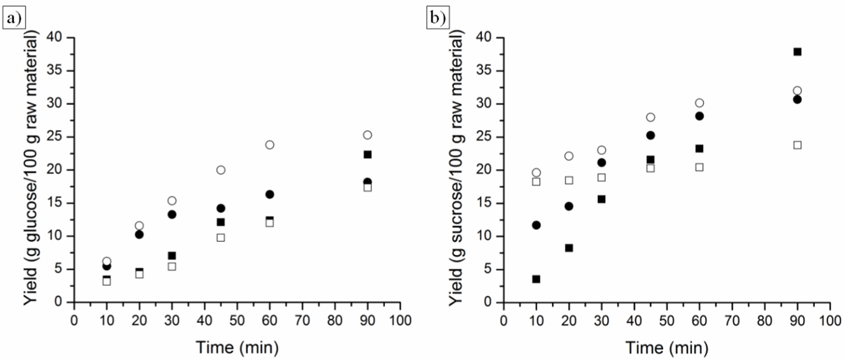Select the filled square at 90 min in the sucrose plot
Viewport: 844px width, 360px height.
click(x=797, y=52)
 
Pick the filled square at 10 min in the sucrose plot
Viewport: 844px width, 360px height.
click(x=536, y=279)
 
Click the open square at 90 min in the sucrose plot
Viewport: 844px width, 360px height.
click(x=797, y=145)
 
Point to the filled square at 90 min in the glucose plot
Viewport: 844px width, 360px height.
click(x=368, y=154)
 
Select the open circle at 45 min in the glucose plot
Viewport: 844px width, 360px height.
click(x=221, y=170)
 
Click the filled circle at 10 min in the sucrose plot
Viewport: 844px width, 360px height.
click(x=536, y=225)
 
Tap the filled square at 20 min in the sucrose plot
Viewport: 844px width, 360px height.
click(x=569, y=247)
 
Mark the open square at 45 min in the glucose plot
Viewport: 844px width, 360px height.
click(x=221, y=238)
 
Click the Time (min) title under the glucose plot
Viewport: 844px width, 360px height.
click(x=238, y=345)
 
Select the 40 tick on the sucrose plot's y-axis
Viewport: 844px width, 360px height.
click(x=487, y=37)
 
